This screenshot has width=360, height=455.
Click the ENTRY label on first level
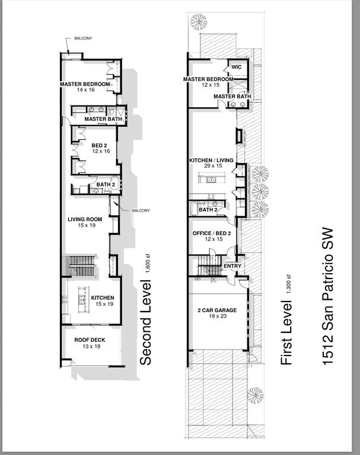point(231,266)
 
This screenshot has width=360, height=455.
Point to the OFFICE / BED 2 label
point(212,233)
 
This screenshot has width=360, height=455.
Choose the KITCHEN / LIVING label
point(211,161)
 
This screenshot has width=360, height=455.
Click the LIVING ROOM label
point(85,219)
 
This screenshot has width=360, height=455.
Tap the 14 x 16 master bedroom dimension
point(85,91)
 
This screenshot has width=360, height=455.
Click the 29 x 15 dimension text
point(211,168)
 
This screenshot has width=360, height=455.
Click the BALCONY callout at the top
point(82,39)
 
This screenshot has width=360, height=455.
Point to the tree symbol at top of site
point(199,22)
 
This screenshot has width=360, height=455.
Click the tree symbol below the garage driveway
point(255,395)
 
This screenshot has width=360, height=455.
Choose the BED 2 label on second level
point(98,145)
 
